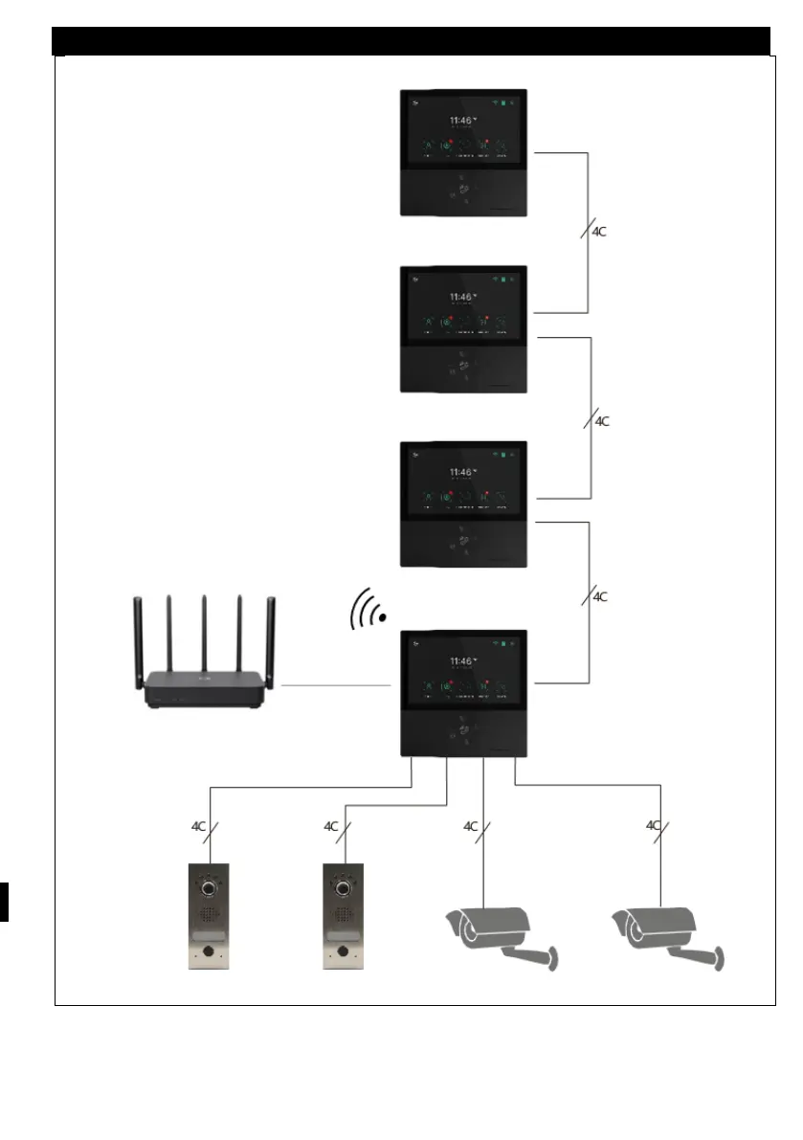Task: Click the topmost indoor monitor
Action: [462, 153]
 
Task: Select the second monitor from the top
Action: [462, 328]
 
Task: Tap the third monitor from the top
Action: [462, 503]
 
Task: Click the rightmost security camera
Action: [667, 934]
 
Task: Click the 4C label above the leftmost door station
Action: [199, 825]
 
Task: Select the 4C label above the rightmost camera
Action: [654, 824]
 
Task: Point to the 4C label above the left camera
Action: [471, 825]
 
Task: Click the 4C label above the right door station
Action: [332, 825]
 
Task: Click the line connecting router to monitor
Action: [335, 685]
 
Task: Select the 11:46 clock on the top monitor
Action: [461, 122]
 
